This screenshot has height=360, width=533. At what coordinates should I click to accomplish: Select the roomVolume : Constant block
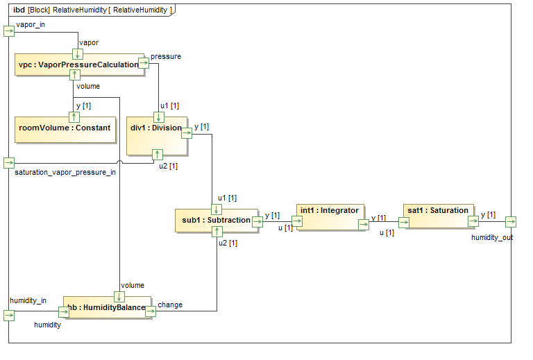pyautogui.click(x=65, y=128)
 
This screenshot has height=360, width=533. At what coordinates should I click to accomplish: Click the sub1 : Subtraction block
pyautogui.click(x=215, y=220)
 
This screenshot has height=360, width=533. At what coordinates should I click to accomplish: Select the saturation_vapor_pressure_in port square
pyautogui.click(x=8, y=163)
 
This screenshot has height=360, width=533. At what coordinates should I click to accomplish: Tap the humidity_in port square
pyautogui.click(x=8, y=315)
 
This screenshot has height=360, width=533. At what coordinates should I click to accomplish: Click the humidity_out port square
pyautogui.click(x=511, y=222)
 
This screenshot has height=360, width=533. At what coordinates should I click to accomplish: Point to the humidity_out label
pyautogui.click(x=492, y=237)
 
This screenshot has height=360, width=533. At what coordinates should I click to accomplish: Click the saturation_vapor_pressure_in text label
pyautogui.click(x=65, y=173)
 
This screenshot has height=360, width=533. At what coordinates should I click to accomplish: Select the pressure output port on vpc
pyautogui.click(x=144, y=63)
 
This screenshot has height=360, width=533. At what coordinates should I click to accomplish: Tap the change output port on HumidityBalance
pyautogui.click(x=151, y=311)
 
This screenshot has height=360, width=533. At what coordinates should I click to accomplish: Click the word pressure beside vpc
pyautogui.click(x=166, y=56)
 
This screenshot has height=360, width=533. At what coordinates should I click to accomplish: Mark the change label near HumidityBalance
pyautogui.click(x=170, y=305)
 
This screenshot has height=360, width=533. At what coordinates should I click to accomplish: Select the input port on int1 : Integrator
pyautogui.click(x=298, y=222)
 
